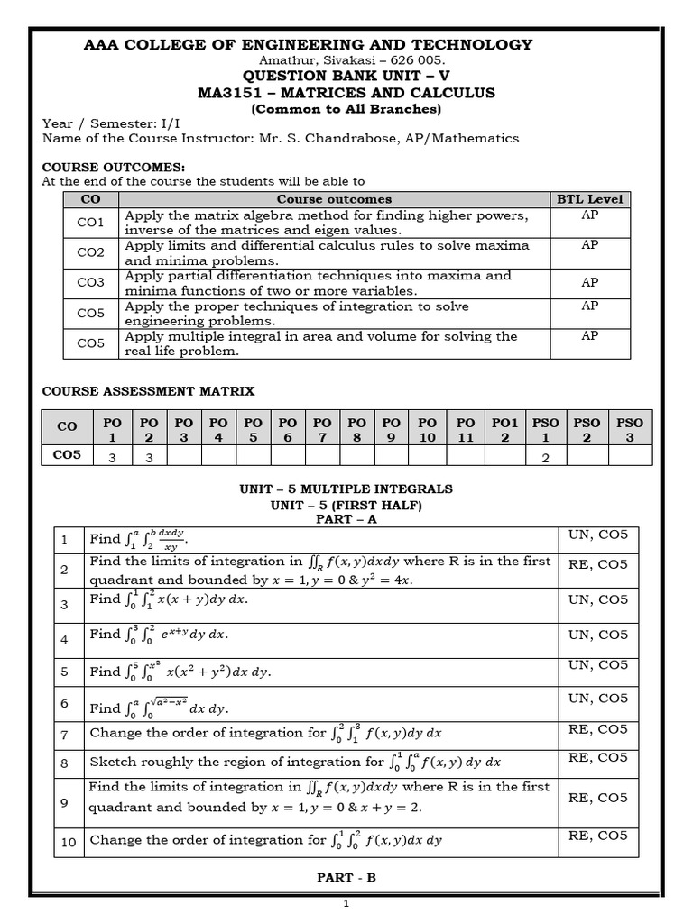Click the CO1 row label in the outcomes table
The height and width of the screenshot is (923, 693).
coord(90,223)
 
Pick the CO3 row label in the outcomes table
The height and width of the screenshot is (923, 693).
coord(90,283)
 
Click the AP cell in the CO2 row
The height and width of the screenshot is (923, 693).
coord(589,245)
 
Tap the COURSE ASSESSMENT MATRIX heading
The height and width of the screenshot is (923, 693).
coord(149,391)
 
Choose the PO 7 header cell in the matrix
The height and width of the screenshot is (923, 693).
coord(322,429)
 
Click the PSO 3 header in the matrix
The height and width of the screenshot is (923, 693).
coord(630,429)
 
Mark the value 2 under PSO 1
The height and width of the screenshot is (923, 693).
coord(546,457)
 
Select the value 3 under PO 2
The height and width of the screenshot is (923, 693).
coord(150,457)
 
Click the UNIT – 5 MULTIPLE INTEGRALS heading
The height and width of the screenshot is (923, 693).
coord(346,489)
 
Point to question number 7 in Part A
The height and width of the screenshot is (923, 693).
coord(65,733)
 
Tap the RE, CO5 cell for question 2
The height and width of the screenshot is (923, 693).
coord(597,565)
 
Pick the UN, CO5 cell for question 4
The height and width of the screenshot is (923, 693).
coord(597,632)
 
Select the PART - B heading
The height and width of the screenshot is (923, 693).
coord(346,877)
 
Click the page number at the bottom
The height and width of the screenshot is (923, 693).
coord(346,906)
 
